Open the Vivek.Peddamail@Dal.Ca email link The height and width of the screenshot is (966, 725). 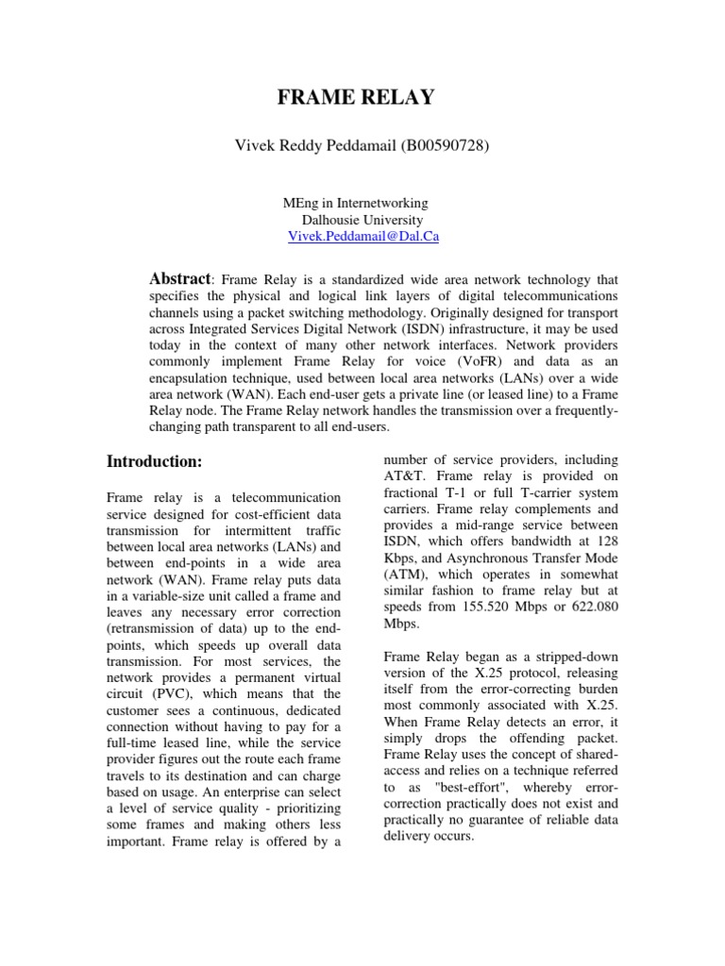point(362,238)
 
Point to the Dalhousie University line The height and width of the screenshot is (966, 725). point(362,220)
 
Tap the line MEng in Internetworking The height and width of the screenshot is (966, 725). point(355,203)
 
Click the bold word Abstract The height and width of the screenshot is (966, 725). point(181,279)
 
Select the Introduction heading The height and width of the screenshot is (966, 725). point(154,461)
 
